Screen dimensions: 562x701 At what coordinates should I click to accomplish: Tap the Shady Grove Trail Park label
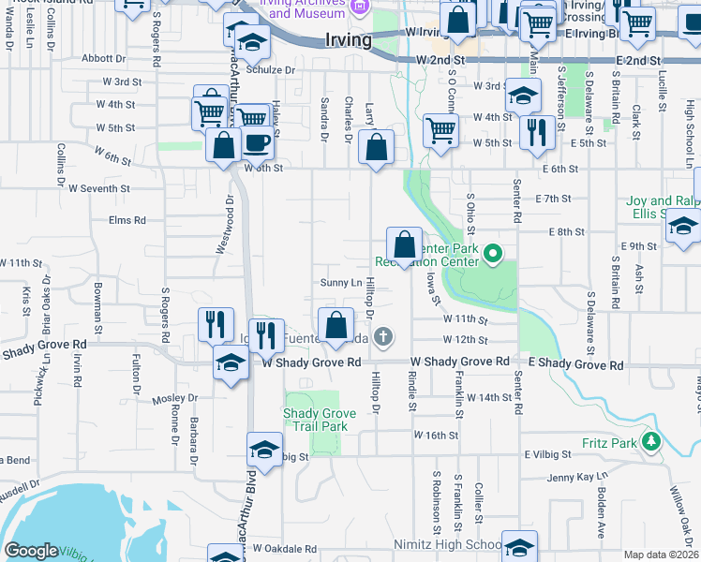316,420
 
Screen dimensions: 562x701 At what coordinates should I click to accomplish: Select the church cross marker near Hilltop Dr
382,336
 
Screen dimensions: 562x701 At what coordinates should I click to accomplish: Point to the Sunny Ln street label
341,283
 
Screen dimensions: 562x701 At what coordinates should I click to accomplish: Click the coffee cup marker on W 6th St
257,142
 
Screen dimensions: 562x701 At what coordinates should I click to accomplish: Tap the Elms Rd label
127,220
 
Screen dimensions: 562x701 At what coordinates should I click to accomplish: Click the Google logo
32,551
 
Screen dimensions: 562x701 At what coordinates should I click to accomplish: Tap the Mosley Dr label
169,399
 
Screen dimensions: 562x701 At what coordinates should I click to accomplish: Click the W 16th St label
436,436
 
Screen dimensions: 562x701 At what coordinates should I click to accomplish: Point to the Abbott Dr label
104,57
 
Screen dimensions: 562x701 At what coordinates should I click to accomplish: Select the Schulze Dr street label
271,70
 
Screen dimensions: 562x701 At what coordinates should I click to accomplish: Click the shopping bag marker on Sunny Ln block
404,246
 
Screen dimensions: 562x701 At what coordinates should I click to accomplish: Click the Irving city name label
348,40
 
